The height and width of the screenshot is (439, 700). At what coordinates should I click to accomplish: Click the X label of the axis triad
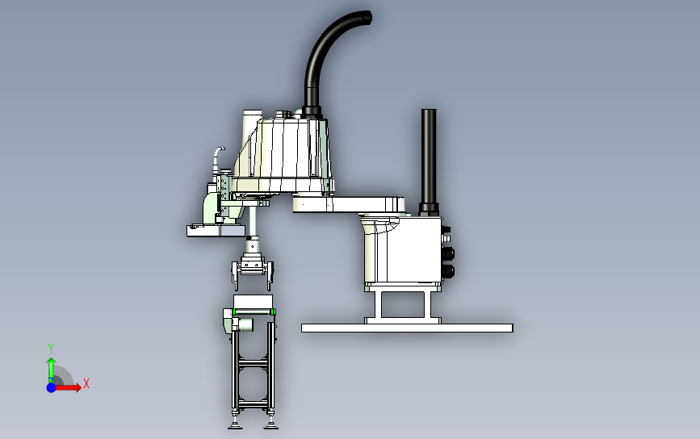[86, 383]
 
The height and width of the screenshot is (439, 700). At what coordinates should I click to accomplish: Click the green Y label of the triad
[51, 349]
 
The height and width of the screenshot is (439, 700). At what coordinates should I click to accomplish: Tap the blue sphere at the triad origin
[52, 387]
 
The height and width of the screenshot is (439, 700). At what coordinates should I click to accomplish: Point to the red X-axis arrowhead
[78, 387]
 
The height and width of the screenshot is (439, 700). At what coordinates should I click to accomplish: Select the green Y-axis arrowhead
[52, 361]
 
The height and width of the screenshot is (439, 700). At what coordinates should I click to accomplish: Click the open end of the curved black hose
[368, 18]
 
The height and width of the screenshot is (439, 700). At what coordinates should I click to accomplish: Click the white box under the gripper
[254, 302]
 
